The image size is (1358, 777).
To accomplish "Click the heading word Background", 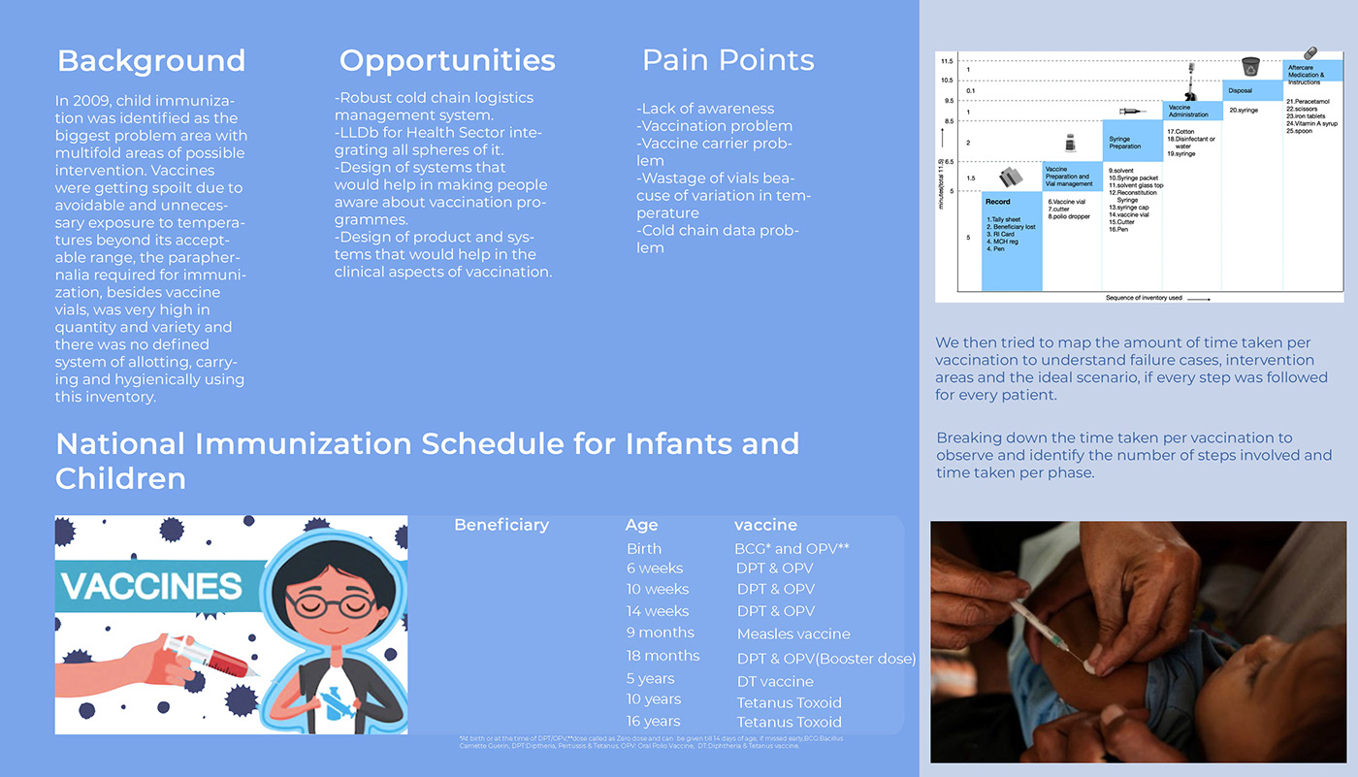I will [151, 60].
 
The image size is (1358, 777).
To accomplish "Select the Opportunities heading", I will [447, 60].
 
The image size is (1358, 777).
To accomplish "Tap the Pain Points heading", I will [727, 60].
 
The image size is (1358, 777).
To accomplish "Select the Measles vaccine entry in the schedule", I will [793, 633].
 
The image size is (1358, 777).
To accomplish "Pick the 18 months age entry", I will [663, 656].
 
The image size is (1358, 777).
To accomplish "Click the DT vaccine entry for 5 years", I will [775, 681].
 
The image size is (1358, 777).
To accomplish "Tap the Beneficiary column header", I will [501, 525].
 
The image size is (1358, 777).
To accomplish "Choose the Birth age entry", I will [644, 548].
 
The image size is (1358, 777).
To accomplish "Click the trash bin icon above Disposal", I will [1251, 66].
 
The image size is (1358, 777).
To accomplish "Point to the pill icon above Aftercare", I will [1310, 52].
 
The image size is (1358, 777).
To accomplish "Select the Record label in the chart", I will [997, 202].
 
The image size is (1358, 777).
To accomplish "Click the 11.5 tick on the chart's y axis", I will [947, 60].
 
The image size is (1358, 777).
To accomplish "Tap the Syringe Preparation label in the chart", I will [1125, 143].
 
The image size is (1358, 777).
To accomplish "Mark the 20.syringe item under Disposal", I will [1245, 110].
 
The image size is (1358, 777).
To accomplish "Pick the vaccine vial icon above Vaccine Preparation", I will [1071, 144].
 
